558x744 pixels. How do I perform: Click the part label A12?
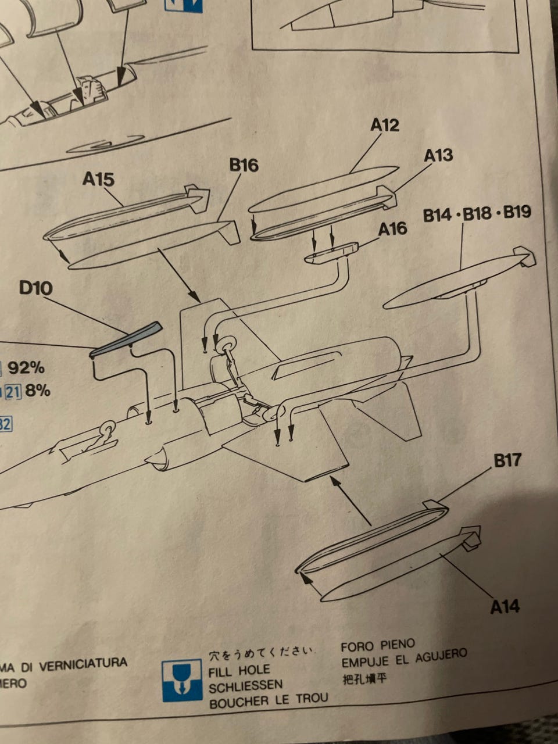[x=385, y=125]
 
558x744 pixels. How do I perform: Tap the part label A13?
[x=438, y=155]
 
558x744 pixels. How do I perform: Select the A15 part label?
[x=98, y=179]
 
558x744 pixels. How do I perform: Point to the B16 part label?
[x=244, y=166]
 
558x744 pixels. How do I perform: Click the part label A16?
[x=392, y=229]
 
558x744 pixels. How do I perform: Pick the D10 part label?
[x=35, y=288]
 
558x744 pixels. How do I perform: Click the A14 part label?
[x=505, y=607]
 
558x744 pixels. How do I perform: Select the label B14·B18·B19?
[x=477, y=214]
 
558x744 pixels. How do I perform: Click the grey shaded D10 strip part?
[x=126, y=339]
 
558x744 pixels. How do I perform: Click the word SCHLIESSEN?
[x=245, y=686]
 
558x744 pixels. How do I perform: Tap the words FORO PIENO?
[x=377, y=645]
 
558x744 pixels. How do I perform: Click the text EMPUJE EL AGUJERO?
[x=404, y=659]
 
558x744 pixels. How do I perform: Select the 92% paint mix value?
[x=26, y=367]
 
